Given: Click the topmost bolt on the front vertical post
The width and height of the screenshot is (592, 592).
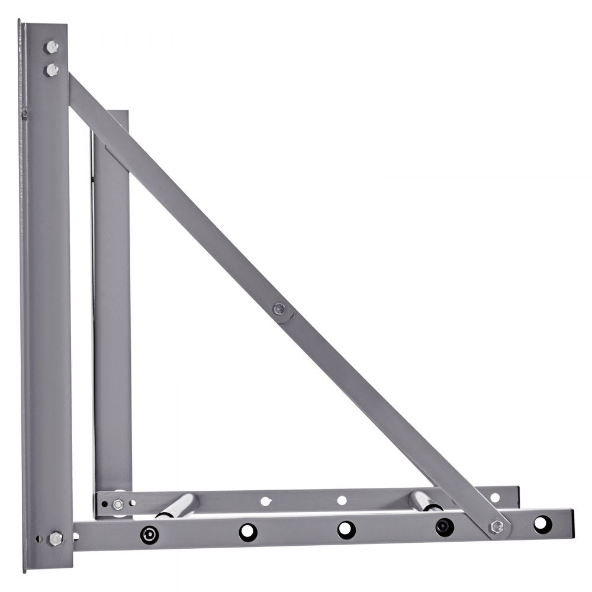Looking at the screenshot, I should tap(52, 47).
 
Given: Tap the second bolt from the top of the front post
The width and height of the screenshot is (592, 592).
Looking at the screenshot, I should tap(52, 70).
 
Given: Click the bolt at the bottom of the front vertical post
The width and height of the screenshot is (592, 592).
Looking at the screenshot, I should tap(56, 538).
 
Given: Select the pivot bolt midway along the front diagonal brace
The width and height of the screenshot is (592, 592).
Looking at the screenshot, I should tap(279, 308).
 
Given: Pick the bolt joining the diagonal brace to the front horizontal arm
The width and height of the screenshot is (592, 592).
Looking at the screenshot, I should tap(497, 526).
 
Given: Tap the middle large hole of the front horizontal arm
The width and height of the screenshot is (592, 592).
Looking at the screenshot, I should tap(346, 529).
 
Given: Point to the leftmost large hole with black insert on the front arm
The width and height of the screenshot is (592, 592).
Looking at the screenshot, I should tap(149, 534).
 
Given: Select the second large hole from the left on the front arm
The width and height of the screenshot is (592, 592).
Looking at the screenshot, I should tap(248, 532).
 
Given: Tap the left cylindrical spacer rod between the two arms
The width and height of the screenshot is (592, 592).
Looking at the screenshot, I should tap(178, 506).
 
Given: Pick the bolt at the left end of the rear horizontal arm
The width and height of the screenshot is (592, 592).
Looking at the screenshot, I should tap(118, 504).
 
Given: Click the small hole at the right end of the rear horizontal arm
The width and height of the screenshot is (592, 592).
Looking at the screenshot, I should tap(495, 498).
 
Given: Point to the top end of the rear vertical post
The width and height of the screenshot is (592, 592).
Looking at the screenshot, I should tap(118, 112).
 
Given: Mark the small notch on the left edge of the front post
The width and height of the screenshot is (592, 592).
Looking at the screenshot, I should tap(24, 112).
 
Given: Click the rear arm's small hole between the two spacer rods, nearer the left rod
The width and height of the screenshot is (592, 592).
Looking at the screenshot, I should tap(266, 501).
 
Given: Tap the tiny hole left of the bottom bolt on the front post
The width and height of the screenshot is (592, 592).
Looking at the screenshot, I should tap(39, 539).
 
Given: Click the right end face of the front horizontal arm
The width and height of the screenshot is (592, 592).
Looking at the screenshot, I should tap(572, 523).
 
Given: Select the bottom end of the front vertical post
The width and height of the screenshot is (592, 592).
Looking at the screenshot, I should tap(47, 569).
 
